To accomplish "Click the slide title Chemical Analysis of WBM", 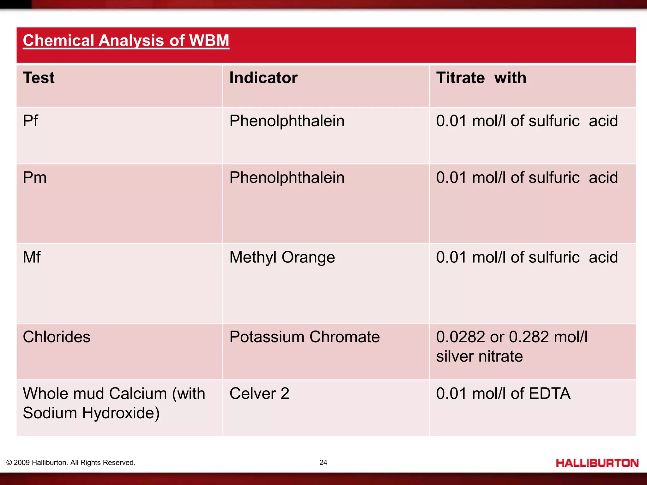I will pos(126,41).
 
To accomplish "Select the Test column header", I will pos(39,78).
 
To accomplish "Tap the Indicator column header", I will pos(263,78).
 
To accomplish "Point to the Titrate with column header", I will pos(481,78).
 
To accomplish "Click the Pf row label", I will pos(30,121).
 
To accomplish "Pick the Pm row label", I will pos(34,177).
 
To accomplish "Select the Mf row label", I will pos(32,257).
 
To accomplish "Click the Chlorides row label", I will pos(57,337).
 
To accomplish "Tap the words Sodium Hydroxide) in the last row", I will pos(91,413).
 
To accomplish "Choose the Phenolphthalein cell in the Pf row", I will pos(287,121).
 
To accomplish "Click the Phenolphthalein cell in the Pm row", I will pos(287,177).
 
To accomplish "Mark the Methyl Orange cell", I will pos(282,257).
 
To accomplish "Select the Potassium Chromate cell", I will pos(304,337).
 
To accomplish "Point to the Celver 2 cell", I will pos(259,394).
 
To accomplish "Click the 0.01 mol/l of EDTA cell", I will pos(503,394).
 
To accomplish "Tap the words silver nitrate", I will pos(479,356).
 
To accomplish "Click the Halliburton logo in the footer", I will pos(597,463).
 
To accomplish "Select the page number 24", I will pos(323,463).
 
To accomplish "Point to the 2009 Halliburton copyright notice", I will pos(71,463).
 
